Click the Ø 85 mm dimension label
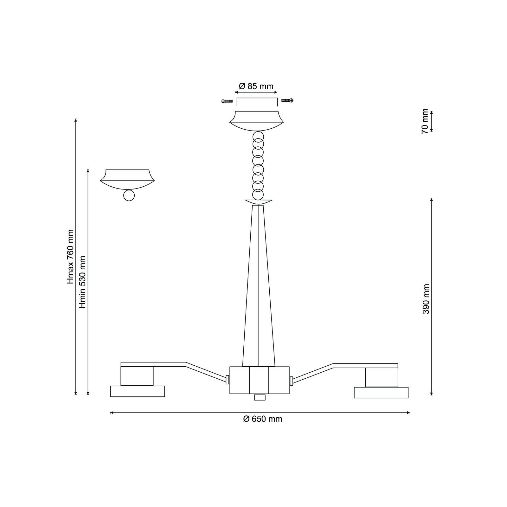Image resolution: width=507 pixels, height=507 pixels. (256, 86)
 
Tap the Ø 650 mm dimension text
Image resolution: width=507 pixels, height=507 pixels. (263, 419)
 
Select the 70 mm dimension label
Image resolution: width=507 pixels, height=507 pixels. (425, 121)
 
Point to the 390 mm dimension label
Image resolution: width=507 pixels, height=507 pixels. (426, 299)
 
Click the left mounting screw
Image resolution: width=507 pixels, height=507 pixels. (227, 101)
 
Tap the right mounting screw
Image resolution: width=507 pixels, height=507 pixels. (287, 100)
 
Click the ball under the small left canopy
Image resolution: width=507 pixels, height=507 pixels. (129, 196)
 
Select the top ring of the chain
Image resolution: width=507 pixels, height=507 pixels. (258, 136)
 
